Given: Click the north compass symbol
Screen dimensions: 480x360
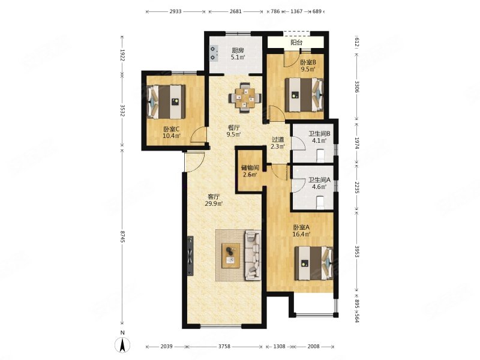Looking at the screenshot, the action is pos(122,344).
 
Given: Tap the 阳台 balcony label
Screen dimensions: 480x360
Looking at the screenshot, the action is pos(296,43).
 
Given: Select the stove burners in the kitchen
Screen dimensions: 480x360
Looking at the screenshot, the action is pos(214,53).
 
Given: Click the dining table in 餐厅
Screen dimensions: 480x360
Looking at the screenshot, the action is pos(245,98).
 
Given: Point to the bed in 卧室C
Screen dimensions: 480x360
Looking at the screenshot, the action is pos(166,101).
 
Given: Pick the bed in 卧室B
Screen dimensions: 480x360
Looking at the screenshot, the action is pos(304,95).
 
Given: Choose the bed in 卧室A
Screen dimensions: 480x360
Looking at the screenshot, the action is pos(313,263).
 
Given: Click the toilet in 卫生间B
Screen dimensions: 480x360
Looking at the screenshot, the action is pos(320,155).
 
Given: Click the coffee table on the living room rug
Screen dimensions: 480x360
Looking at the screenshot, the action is pos(231,256).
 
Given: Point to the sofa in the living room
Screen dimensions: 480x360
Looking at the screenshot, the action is pos(253,256).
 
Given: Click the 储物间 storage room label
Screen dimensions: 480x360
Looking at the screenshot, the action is pos(250,167).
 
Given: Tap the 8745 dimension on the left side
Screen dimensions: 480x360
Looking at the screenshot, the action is pos(122,237).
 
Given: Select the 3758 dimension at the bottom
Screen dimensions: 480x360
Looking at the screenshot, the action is pos(224,347).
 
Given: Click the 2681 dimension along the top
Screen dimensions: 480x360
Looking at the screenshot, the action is pos(236,11).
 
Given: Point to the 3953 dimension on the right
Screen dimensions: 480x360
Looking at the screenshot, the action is pos(356,251).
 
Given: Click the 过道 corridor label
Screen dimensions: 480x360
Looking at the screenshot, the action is pos(278,140).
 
